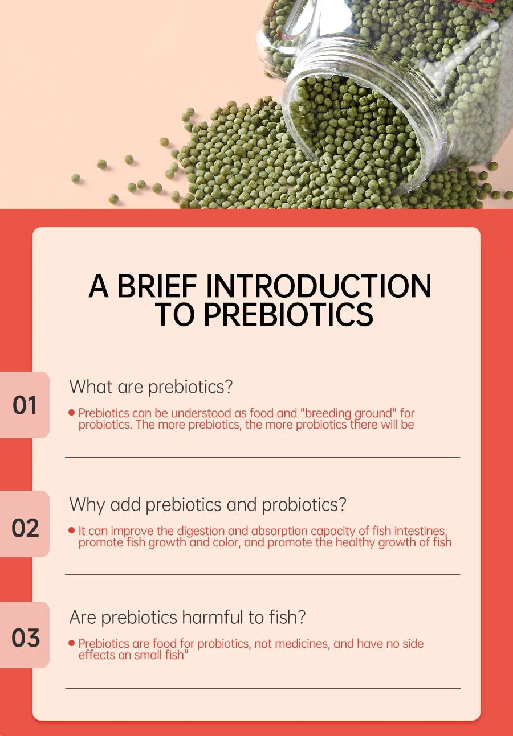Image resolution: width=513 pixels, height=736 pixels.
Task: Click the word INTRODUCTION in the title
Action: [319, 286]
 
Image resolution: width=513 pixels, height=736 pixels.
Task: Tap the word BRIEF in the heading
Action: [157, 286]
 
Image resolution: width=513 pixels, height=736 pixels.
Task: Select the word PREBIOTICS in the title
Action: [288, 314]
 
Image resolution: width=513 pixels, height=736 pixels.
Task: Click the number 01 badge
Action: [25, 405]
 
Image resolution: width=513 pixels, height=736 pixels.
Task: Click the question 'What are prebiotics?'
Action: [151, 386]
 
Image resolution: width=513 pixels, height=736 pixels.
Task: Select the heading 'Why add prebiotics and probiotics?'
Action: [208, 505]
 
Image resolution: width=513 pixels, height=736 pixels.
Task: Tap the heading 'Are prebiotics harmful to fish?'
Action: [188, 617]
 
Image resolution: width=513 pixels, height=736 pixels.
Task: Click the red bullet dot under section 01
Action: [71, 413]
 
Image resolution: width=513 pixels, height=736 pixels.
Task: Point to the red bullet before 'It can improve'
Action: [71, 531]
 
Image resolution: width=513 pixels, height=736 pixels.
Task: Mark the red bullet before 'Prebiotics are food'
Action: [71, 643]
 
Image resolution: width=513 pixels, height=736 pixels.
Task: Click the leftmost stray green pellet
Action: [76, 178]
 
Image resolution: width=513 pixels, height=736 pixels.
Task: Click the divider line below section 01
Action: [263, 457]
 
